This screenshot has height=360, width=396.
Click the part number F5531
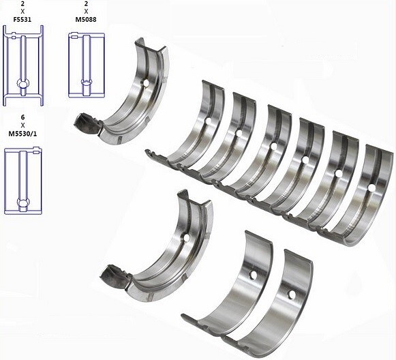tap(22, 20)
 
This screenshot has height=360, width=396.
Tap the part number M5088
tap(86, 20)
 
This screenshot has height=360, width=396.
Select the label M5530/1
tap(22, 134)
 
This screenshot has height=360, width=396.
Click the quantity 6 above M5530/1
tap(23, 117)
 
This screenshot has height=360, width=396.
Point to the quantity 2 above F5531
tap(22, 3)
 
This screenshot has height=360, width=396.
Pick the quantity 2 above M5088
tap(86, 3)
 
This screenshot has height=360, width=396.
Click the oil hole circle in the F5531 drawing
tap(23, 83)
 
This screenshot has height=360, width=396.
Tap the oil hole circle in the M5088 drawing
tap(87, 82)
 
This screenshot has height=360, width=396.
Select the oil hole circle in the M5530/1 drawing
tap(23, 202)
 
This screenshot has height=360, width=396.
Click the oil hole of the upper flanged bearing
tap(145, 83)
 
